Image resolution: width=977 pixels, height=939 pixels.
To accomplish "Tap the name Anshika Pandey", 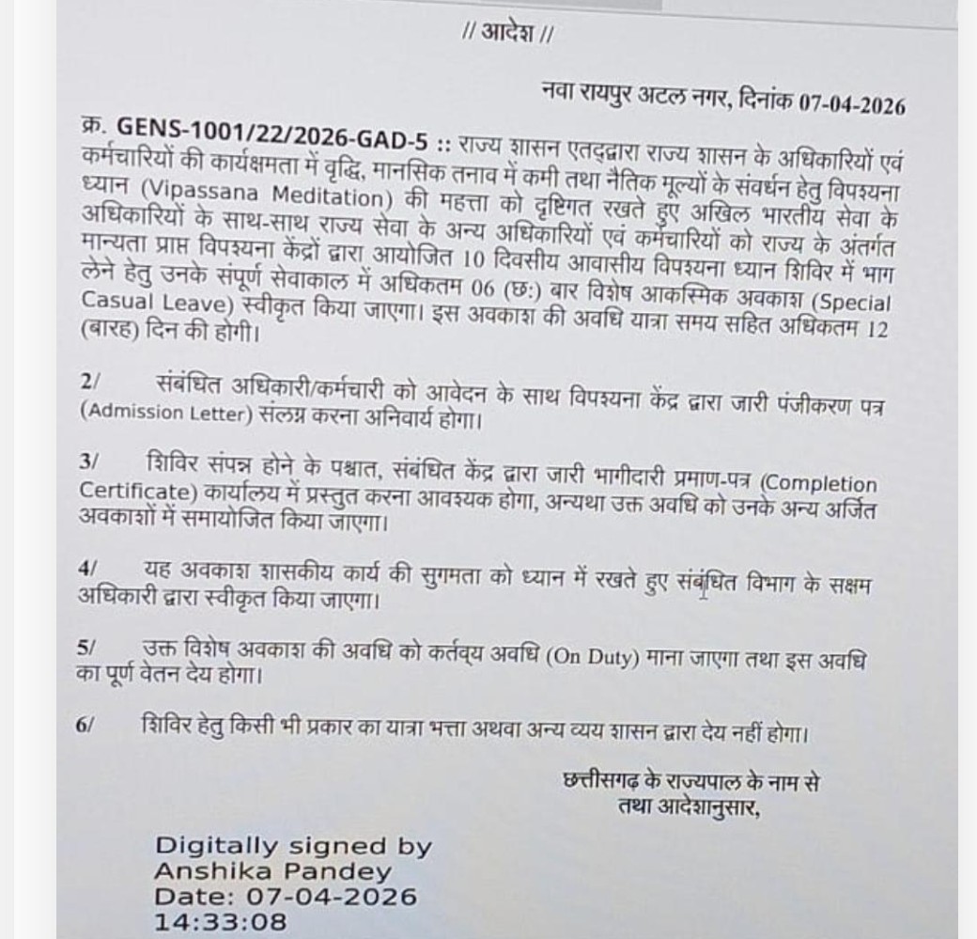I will tap(271, 870).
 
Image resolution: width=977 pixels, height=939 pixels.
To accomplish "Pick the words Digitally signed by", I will tap(293, 845).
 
